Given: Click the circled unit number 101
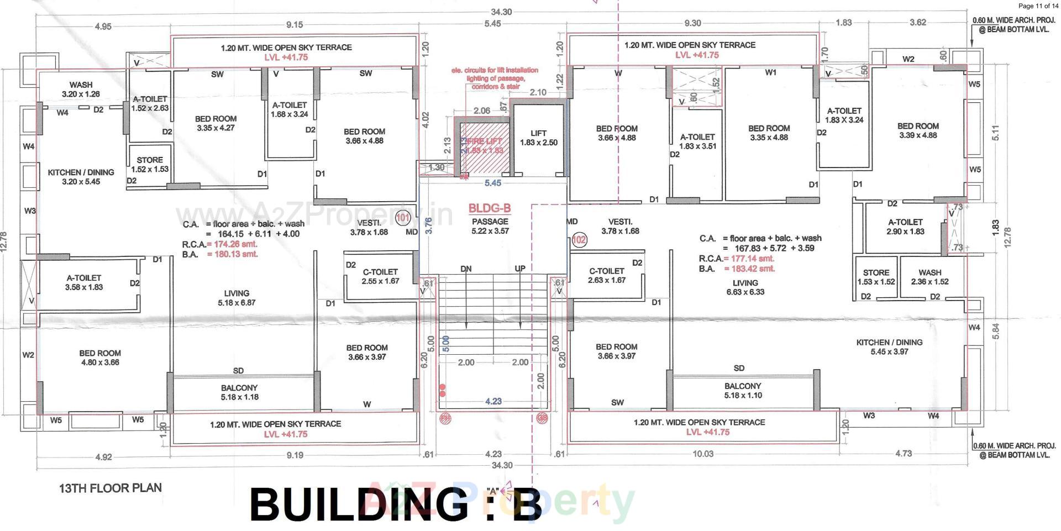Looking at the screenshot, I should pyautogui.click(x=403, y=218).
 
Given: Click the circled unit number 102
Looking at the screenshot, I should pyautogui.click(x=579, y=240).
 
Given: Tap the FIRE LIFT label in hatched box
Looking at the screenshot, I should pyautogui.click(x=484, y=145).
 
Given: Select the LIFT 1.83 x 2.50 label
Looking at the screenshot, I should pyautogui.click(x=538, y=138).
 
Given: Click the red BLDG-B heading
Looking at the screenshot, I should pyautogui.click(x=490, y=208).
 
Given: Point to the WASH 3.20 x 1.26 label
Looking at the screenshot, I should pyautogui.click(x=81, y=89).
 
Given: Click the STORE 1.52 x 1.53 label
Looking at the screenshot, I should pyautogui.click(x=150, y=164).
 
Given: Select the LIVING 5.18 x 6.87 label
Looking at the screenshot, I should pyautogui.click(x=237, y=298).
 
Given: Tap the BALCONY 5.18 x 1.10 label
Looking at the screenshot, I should pyautogui.click(x=743, y=390).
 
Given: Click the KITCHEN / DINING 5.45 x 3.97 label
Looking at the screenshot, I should pyautogui.click(x=889, y=346).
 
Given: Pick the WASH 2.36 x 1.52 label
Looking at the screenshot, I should pyautogui.click(x=929, y=277).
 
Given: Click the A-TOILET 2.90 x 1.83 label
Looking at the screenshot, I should pyautogui.click(x=905, y=227).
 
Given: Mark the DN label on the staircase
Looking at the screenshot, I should pyautogui.click(x=466, y=269).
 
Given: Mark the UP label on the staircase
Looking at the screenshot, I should pyautogui.click(x=520, y=269).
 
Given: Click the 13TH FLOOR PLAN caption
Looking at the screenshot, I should pyautogui.click(x=111, y=488).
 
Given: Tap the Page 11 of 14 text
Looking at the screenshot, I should pyautogui.click(x=1038, y=6).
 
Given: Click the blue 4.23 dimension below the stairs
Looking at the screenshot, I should pyautogui.click(x=493, y=401).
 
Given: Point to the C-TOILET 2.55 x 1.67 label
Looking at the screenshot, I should pyautogui.click(x=380, y=276).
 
